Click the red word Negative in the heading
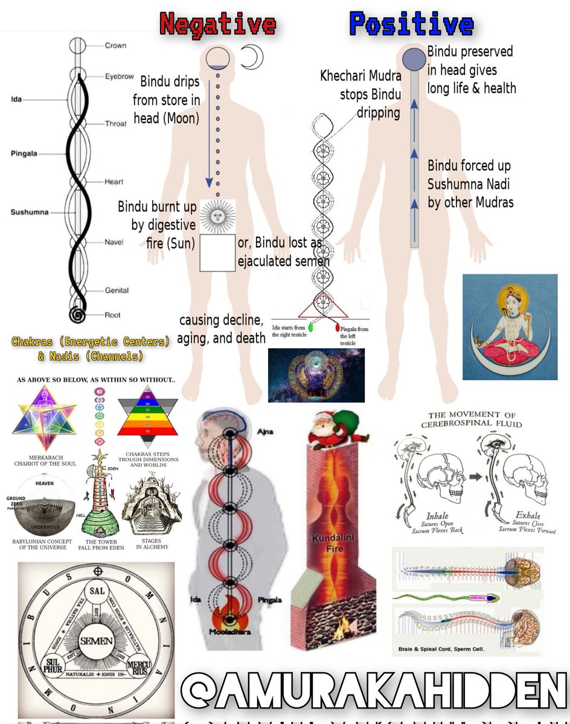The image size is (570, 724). pos(217,25)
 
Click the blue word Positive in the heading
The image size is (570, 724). pos(411,25)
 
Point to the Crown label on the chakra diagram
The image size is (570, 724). pos(115,46)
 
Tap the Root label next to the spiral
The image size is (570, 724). pos(113,315)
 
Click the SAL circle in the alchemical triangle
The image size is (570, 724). pos(97,592)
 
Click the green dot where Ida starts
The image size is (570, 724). pos(312,328)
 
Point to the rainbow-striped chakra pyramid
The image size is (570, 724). pos(147,417)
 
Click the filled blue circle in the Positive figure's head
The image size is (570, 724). pos(414,59)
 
